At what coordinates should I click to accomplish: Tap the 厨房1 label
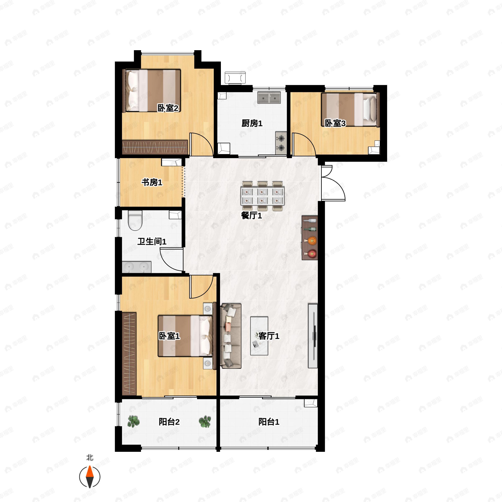pos(252,123)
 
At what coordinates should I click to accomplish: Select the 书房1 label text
pos(152,182)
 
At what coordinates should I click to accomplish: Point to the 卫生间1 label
pos(152,242)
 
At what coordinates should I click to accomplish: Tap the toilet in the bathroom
pos(135,220)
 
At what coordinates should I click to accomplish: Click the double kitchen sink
pos(269,98)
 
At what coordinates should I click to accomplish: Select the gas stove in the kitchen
pos(281,143)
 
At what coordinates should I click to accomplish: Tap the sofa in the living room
pos(231,336)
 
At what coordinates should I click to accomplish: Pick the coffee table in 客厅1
pos(259,336)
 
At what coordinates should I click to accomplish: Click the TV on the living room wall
pos(313,336)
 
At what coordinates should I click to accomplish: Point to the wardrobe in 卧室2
pos(155,147)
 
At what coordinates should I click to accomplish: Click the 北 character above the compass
pos(90,457)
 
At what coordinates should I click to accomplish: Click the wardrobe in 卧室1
pos(129,353)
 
